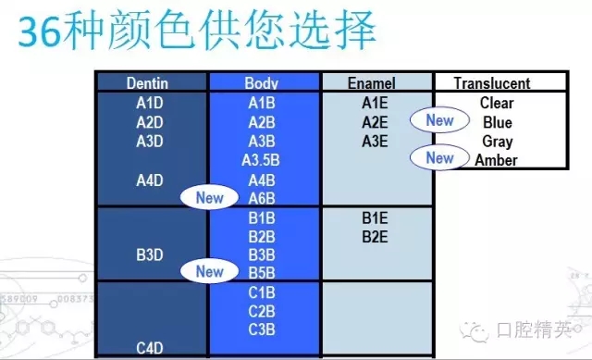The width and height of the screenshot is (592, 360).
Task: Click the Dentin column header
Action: click(x=148, y=83)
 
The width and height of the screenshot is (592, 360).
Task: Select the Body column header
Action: click(x=262, y=83)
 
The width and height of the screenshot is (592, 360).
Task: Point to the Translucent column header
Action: click(x=492, y=83)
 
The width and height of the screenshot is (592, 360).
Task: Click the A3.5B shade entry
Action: click(x=261, y=160)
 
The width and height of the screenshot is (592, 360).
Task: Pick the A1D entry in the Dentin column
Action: click(x=150, y=103)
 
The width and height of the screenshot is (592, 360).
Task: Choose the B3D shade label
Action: click(x=150, y=254)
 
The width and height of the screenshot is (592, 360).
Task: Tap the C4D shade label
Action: click(x=150, y=348)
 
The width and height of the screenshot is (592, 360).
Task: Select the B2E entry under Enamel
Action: click(x=375, y=236)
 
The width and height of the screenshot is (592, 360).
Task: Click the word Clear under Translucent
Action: click(x=497, y=103)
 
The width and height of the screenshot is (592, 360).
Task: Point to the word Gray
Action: click(x=498, y=142)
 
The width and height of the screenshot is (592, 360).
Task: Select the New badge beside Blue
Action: click(x=439, y=120)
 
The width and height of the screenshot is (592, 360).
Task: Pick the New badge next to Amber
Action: click(x=439, y=158)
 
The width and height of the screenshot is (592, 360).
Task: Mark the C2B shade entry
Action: click(x=262, y=311)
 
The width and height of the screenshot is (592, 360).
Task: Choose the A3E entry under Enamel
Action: click(x=375, y=142)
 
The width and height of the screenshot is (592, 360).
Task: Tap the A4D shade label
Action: click(x=150, y=180)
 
